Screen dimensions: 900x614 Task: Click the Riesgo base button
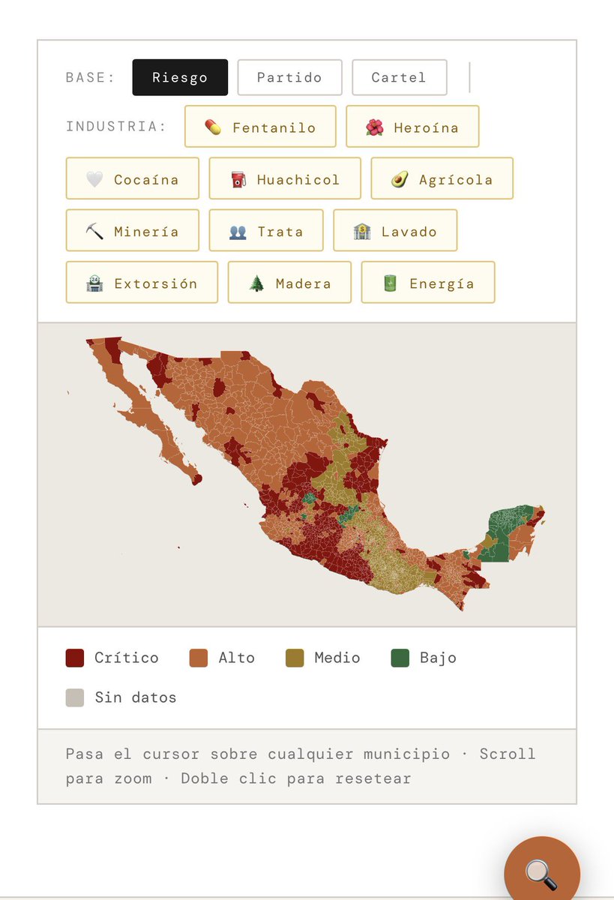[x=180, y=77]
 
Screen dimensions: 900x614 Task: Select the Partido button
[x=289, y=77]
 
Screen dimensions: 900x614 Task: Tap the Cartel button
[x=399, y=77]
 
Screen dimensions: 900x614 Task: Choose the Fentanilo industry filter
[x=260, y=127]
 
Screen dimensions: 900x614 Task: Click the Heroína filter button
[x=412, y=127]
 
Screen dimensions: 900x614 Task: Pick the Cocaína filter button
[x=133, y=179]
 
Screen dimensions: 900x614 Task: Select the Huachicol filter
[x=285, y=179]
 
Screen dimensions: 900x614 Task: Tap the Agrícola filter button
[x=442, y=179]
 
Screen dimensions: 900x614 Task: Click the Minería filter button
[x=133, y=231]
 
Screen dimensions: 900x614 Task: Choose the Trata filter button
[x=266, y=231]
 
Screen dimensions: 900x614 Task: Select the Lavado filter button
[x=395, y=231]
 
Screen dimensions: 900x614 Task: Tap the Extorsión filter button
[x=142, y=283]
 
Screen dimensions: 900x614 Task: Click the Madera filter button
[x=289, y=283]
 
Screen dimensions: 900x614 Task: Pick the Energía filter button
[x=428, y=283]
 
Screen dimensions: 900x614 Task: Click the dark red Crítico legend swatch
[x=75, y=658]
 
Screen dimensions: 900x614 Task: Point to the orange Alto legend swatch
[x=199, y=658]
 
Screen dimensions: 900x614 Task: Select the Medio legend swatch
[x=295, y=658]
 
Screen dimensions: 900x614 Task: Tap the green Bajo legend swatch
[x=400, y=658]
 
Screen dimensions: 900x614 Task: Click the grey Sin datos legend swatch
[x=75, y=698]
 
